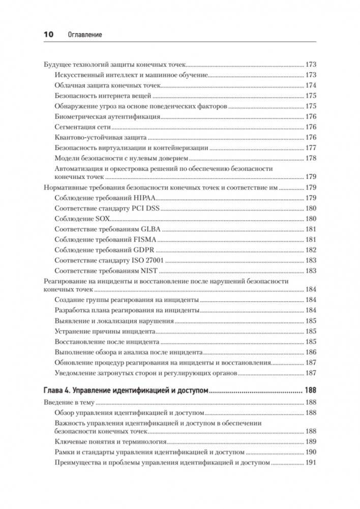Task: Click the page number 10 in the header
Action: point(48,34)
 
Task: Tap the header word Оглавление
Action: point(84,35)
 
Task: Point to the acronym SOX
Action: point(103,219)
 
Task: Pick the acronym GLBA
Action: point(147,229)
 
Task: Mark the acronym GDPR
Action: point(142,250)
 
